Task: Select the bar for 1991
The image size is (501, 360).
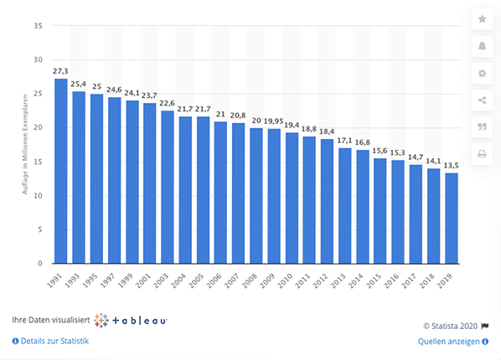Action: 60,172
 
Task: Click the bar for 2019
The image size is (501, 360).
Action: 452,219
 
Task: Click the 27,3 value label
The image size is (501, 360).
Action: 60,71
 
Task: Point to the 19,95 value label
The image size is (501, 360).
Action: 275,121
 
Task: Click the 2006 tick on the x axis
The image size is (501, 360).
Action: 220,280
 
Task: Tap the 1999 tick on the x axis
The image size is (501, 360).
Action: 132,280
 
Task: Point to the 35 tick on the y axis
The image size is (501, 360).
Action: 38,26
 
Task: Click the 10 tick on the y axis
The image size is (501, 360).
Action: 38,196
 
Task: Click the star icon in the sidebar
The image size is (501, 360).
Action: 482,19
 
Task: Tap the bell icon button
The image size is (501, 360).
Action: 482,46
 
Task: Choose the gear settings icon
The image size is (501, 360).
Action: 482,74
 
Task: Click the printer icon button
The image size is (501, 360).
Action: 482,154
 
